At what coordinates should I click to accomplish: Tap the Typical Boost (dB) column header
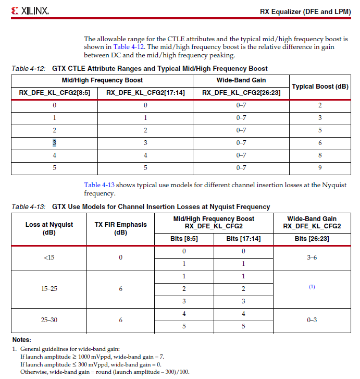coord(320,87)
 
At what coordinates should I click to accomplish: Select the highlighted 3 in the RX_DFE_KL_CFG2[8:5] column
coord(54,143)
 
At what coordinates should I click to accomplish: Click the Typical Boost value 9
coord(320,168)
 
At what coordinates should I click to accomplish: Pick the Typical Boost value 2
coord(320,105)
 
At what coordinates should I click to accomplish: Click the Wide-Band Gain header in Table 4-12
coord(241,80)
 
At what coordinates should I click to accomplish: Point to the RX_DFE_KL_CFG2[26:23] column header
coord(241,93)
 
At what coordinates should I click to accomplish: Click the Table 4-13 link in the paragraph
coord(99,185)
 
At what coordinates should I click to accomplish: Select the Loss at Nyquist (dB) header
coord(49,228)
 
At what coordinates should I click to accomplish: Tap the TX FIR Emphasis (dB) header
coord(120,228)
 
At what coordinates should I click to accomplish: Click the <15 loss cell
coord(49,258)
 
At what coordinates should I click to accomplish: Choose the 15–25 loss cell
coord(49,289)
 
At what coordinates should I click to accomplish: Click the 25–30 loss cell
coord(49,320)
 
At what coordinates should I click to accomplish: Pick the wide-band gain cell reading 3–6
coord(312,258)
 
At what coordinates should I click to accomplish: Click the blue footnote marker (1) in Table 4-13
coord(312,287)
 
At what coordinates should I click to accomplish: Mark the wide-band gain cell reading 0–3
coord(312,320)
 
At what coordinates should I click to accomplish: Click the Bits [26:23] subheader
coord(312,239)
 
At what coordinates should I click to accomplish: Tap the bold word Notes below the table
coord(21,339)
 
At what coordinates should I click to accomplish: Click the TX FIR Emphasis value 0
coord(120,258)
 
